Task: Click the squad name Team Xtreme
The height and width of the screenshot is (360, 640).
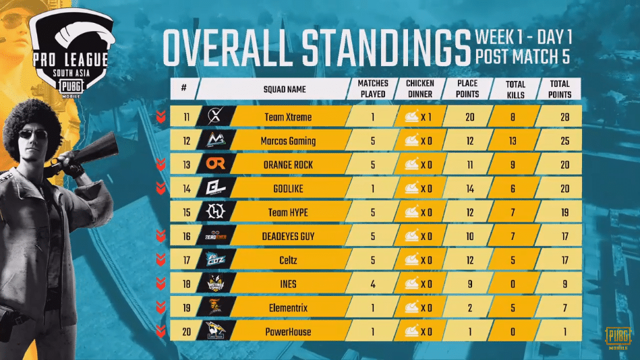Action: pos(289,117)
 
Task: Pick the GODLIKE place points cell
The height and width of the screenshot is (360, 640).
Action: pos(471,189)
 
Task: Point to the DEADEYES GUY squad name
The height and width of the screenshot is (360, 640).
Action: pos(289,237)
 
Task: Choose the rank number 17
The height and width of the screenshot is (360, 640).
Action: pos(185,260)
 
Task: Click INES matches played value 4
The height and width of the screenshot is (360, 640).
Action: pos(372,284)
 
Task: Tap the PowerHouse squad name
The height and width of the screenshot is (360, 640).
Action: pos(289,331)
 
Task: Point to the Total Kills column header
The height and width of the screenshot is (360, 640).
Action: pos(516,88)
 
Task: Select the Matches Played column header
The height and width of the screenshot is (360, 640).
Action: pos(372,88)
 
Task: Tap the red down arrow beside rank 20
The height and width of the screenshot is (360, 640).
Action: pos(161,331)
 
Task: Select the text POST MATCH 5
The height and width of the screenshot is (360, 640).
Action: pos(522,57)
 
